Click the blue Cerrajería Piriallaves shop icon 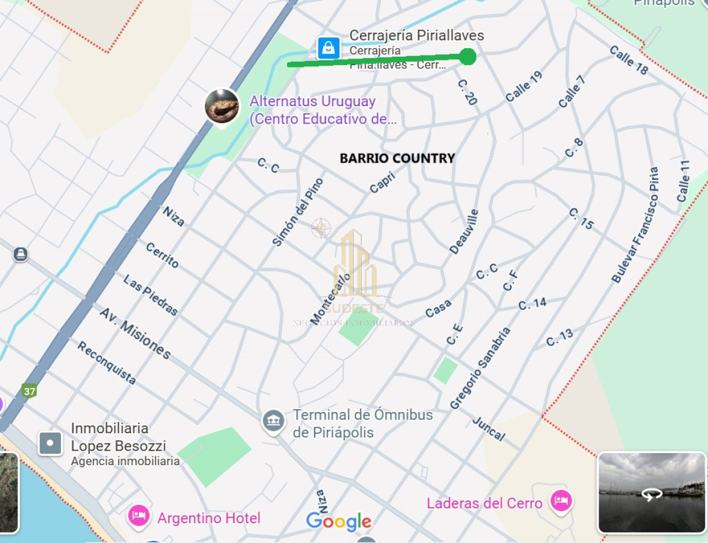coord(328,48)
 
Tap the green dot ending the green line coord(468,57)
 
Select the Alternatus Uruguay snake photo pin coord(222,106)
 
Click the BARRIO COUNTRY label coord(397,158)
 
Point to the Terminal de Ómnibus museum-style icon coord(274,421)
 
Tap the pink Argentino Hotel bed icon coord(138,516)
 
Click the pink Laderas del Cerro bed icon coord(561,501)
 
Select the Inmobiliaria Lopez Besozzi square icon coord(50,443)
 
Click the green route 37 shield coord(29,391)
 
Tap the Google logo coord(338,521)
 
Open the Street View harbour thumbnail coord(651,493)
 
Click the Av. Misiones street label coord(135,333)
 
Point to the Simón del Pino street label coord(298,212)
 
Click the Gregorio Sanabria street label coord(480,368)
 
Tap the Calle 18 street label coord(628,60)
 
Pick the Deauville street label coord(464,232)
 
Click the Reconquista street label coord(106,363)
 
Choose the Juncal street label coord(488,428)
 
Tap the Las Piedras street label coord(150,295)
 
